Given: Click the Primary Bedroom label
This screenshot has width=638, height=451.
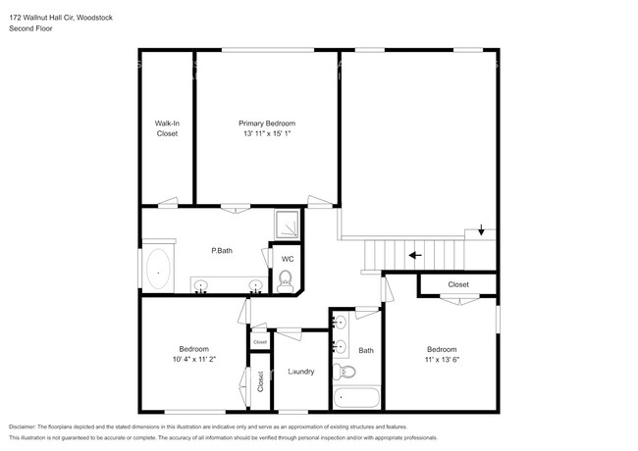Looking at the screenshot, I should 267,124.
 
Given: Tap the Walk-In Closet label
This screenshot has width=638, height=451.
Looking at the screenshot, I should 167,128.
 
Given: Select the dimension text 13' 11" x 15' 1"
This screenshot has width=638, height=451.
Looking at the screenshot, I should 267,133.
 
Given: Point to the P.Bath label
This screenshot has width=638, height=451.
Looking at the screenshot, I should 222,251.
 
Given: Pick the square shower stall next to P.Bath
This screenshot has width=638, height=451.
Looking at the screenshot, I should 288,225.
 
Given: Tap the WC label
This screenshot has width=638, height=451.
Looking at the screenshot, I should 288,259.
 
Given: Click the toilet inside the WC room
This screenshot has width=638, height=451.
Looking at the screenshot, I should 286,283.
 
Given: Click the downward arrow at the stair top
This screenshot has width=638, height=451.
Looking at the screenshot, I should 480,231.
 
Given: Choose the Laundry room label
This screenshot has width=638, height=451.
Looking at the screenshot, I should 300,372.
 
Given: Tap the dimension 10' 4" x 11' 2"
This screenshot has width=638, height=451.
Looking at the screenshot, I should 193,360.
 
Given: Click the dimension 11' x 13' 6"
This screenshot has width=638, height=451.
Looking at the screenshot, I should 442,360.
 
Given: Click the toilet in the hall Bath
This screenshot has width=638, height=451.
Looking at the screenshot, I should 344,372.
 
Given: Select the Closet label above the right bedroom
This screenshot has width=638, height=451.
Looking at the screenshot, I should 458,284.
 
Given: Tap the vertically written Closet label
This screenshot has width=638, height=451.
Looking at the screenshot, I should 260,382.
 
